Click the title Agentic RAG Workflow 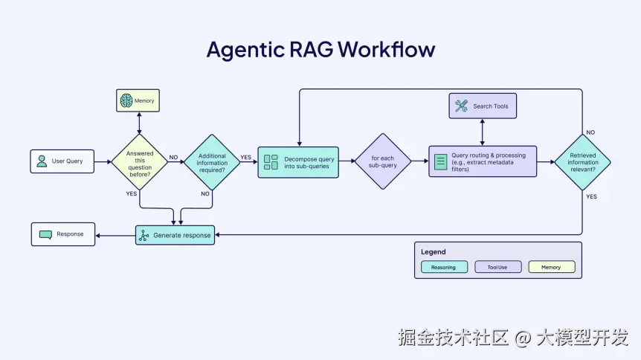[320, 50]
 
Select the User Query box [62, 161]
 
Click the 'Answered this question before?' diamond [140, 161]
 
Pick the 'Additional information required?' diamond [212, 162]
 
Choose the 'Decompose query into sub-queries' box [298, 162]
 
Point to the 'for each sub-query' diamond [383, 161]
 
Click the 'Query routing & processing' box [482, 161]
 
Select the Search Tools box [483, 106]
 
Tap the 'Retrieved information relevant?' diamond [582, 161]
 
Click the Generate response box [175, 235]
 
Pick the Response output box [62, 234]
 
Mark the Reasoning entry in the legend [444, 267]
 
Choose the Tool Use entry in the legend [497, 267]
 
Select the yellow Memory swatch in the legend [551, 267]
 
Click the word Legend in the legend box [434, 252]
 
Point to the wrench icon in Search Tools [461, 106]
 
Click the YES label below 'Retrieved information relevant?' [591, 197]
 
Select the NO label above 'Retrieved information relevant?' [590, 132]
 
